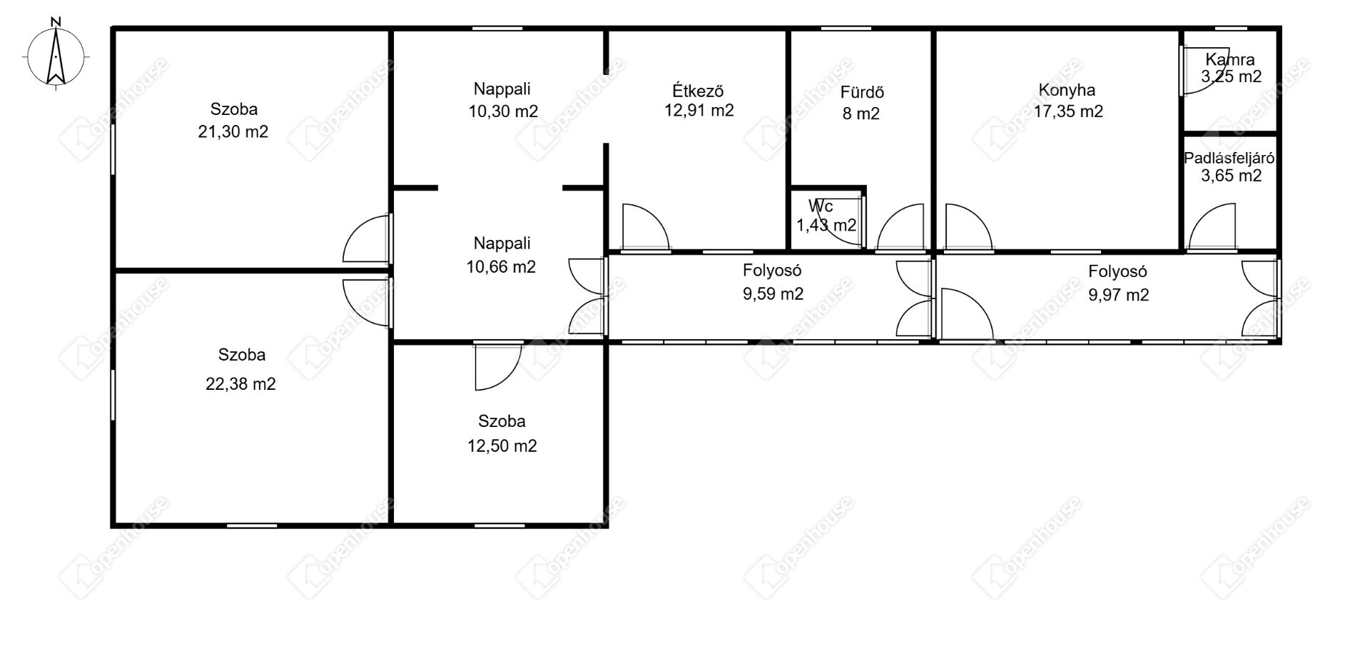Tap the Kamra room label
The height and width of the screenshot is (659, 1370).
[1230, 59]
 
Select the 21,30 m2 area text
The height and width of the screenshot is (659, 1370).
[233, 131]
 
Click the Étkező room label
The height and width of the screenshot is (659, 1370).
[699, 91]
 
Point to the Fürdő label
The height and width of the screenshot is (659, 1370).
[862, 92]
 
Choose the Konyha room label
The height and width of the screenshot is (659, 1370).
[1067, 90]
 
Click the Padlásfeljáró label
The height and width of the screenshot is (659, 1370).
[1229, 159]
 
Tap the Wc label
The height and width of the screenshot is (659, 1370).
[821, 206]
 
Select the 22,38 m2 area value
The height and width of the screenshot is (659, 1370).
[240, 384]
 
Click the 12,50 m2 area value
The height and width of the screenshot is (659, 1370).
[502, 446]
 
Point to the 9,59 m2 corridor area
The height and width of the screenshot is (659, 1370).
[773, 294]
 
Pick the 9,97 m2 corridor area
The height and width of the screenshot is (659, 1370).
[1119, 295]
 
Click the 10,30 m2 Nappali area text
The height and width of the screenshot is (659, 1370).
[503, 111]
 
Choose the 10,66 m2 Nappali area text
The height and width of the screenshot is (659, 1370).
[501, 267]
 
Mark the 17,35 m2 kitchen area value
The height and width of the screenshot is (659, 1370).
[1068, 111]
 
